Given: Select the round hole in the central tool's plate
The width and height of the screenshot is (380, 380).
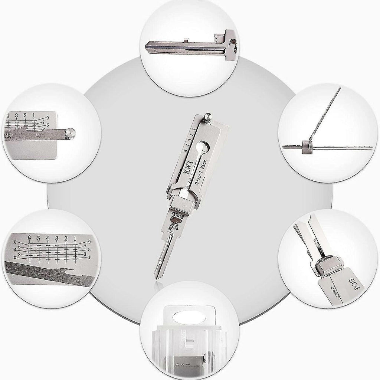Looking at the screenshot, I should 205,146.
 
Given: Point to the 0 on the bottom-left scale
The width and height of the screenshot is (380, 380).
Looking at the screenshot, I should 14,257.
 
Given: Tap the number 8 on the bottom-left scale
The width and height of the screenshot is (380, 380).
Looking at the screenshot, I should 15,242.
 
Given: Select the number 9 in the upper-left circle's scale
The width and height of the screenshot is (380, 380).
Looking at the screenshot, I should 47,118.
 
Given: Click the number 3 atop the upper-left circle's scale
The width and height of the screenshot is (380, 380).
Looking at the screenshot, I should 16,115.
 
